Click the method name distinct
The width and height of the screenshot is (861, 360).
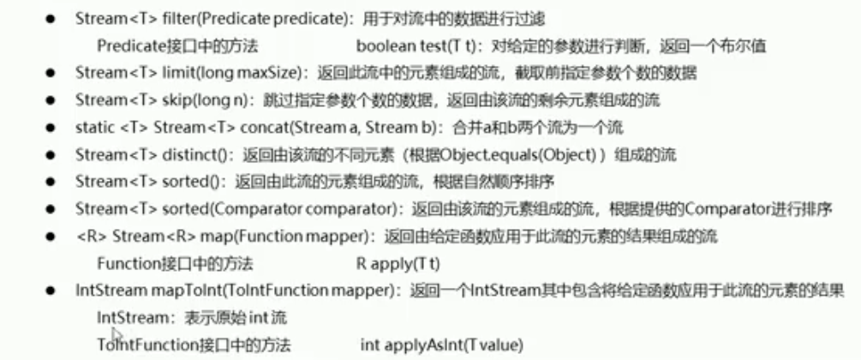pyautogui.click(x=158, y=155)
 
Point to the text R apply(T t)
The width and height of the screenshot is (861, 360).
pyautogui.click(x=404, y=264)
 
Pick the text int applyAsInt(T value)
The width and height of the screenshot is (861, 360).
pyautogui.click(x=441, y=345)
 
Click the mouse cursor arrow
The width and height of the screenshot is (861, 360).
pyautogui.click(x=117, y=335)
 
